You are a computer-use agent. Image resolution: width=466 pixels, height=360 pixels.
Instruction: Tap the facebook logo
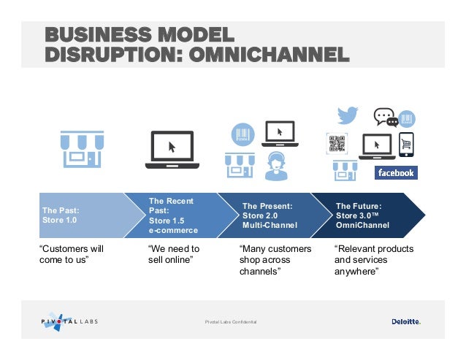[x=395, y=173]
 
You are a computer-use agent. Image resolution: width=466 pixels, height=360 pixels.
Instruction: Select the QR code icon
[x=337, y=143]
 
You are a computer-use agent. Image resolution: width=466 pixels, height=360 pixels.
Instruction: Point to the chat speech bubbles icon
[x=385, y=117]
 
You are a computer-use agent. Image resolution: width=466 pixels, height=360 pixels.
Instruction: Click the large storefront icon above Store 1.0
[x=80, y=150]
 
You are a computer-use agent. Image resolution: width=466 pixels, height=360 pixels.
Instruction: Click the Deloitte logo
[x=405, y=321]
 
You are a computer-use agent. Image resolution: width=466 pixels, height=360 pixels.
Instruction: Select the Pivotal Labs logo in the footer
[x=69, y=321]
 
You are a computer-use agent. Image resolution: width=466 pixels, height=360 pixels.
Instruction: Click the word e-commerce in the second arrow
[x=173, y=230]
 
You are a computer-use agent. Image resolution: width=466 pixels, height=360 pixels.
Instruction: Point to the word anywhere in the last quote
[x=356, y=272]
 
